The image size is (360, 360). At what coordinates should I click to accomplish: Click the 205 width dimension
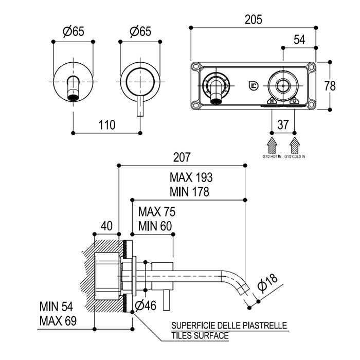pyautogui.click(x=254, y=20)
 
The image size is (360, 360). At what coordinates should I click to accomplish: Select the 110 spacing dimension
pyautogui.click(x=106, y=125)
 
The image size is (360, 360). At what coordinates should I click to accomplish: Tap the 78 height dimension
pyautogui.click(x=330, y=85)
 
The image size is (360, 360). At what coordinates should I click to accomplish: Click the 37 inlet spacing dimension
pyautogui.click(x=283, y=124)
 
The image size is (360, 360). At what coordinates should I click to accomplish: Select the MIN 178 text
pyautogui.click(x=190, y=192)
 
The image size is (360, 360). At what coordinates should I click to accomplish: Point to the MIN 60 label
pyautogui.click(x=155, y=226)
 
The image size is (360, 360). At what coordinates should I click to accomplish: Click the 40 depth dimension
pyautogui.click(x=106, y=226)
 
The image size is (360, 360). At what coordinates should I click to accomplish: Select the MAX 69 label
pyautogui.click(x=58, y=322)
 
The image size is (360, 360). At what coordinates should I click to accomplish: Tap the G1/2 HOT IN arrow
pyautogui.click(x=272, y=143)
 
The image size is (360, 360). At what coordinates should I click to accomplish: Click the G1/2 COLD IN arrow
pyautogui.click(x=295, y=143)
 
